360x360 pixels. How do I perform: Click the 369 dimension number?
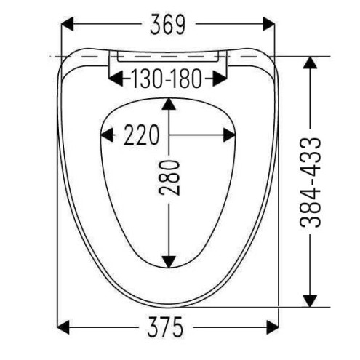point(167,25)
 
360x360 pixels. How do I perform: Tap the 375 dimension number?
point(165,327)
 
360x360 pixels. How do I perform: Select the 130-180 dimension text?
point(167,79)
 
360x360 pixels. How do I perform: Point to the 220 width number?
point(142,135)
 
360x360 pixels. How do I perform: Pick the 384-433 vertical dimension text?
point(311,183)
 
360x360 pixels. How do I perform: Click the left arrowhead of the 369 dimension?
point(67,24)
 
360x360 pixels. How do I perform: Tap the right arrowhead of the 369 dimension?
point(268,24)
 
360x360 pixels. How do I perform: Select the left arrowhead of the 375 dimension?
point(63,327)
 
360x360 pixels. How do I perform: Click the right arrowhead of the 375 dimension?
point(273,327)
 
